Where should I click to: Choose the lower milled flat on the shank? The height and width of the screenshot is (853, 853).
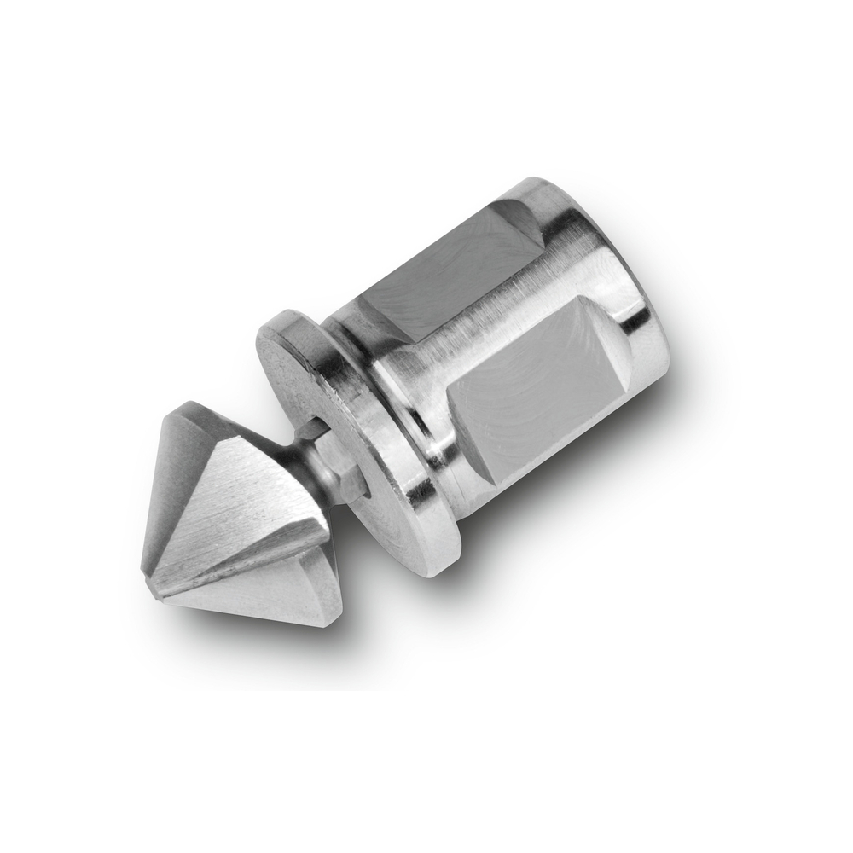tap(529, 384)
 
